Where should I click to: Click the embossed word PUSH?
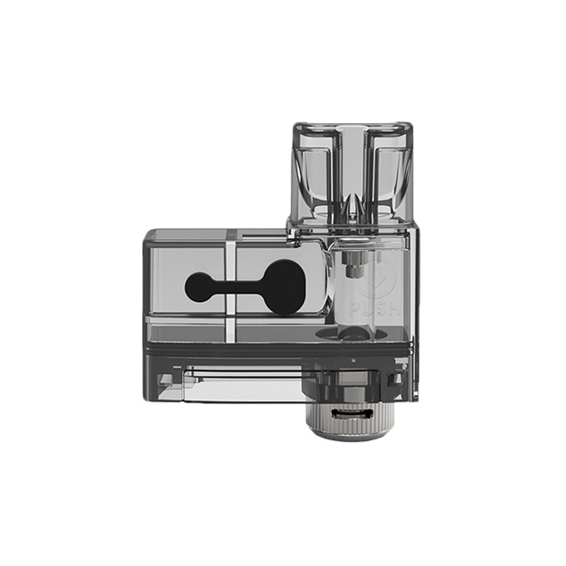pos(375,309)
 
